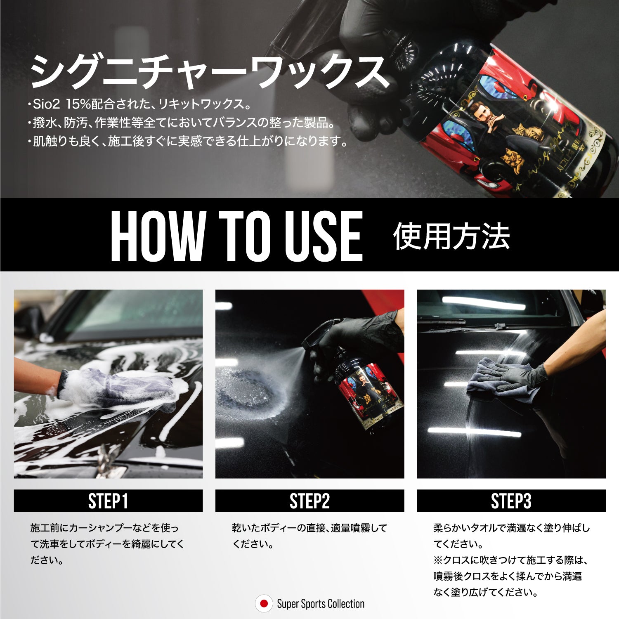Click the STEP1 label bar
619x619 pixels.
[x=108, y=501]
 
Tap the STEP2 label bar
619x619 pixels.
[x=309, y=501]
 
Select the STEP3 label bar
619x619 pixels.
[x=511, y=501]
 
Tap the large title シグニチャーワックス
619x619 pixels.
[x=210, y=72]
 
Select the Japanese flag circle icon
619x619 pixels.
[x=264, y=604]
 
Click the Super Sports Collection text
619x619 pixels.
[x=321, y=604]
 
